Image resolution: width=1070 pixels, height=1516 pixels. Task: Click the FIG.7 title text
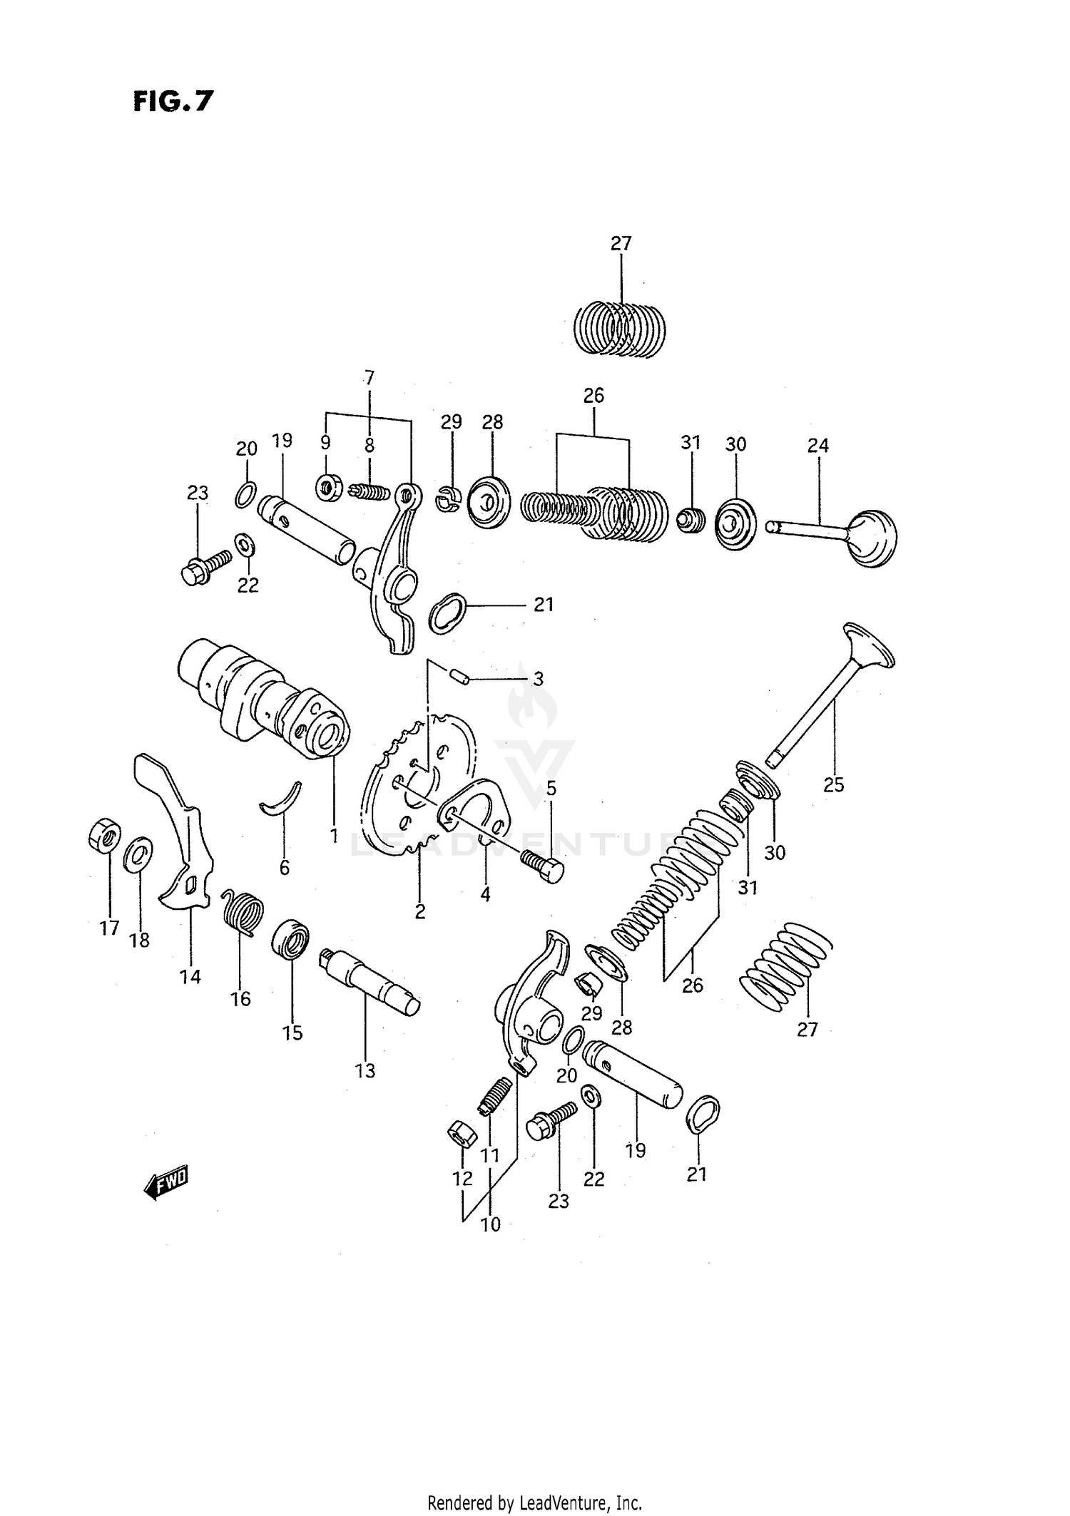point(173,101)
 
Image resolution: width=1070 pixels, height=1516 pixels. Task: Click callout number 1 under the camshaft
point(333,835)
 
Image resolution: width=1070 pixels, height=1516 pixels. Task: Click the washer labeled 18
point(138,854)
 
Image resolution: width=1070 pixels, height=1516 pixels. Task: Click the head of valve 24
point(870,537)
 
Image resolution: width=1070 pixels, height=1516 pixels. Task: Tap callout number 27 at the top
point(621,244)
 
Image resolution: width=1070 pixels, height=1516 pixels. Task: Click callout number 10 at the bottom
point(491,1224)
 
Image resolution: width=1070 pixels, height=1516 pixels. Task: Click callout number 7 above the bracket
point(369,378)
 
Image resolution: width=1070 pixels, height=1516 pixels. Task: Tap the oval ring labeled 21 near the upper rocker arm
point(447,613)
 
